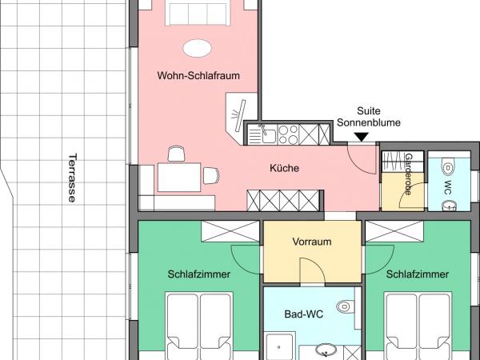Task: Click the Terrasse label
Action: (72, 178)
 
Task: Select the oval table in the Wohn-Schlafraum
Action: (198, 48)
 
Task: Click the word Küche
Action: (284, 168)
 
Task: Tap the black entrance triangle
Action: (362, 138)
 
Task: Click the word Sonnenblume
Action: (380, 123)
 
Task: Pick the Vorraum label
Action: (312, 242)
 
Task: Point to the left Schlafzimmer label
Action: (199, 274)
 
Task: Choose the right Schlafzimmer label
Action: (417, 274)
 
